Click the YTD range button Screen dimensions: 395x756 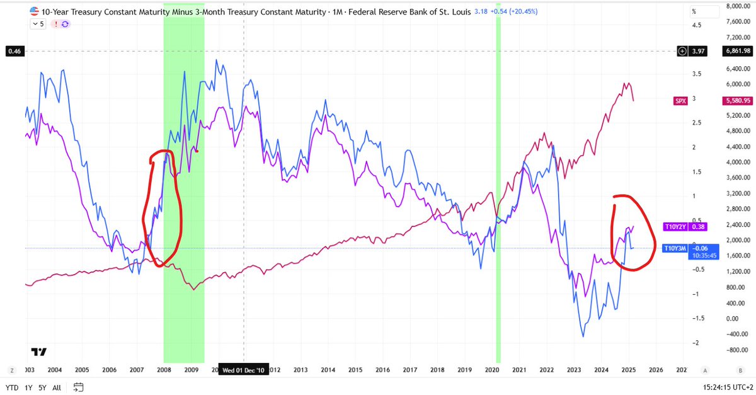[11, 387]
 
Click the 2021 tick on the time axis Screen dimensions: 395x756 [519, 370]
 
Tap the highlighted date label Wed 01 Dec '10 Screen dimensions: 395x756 [244, 370]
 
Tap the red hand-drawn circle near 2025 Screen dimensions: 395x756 [633, 233]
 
